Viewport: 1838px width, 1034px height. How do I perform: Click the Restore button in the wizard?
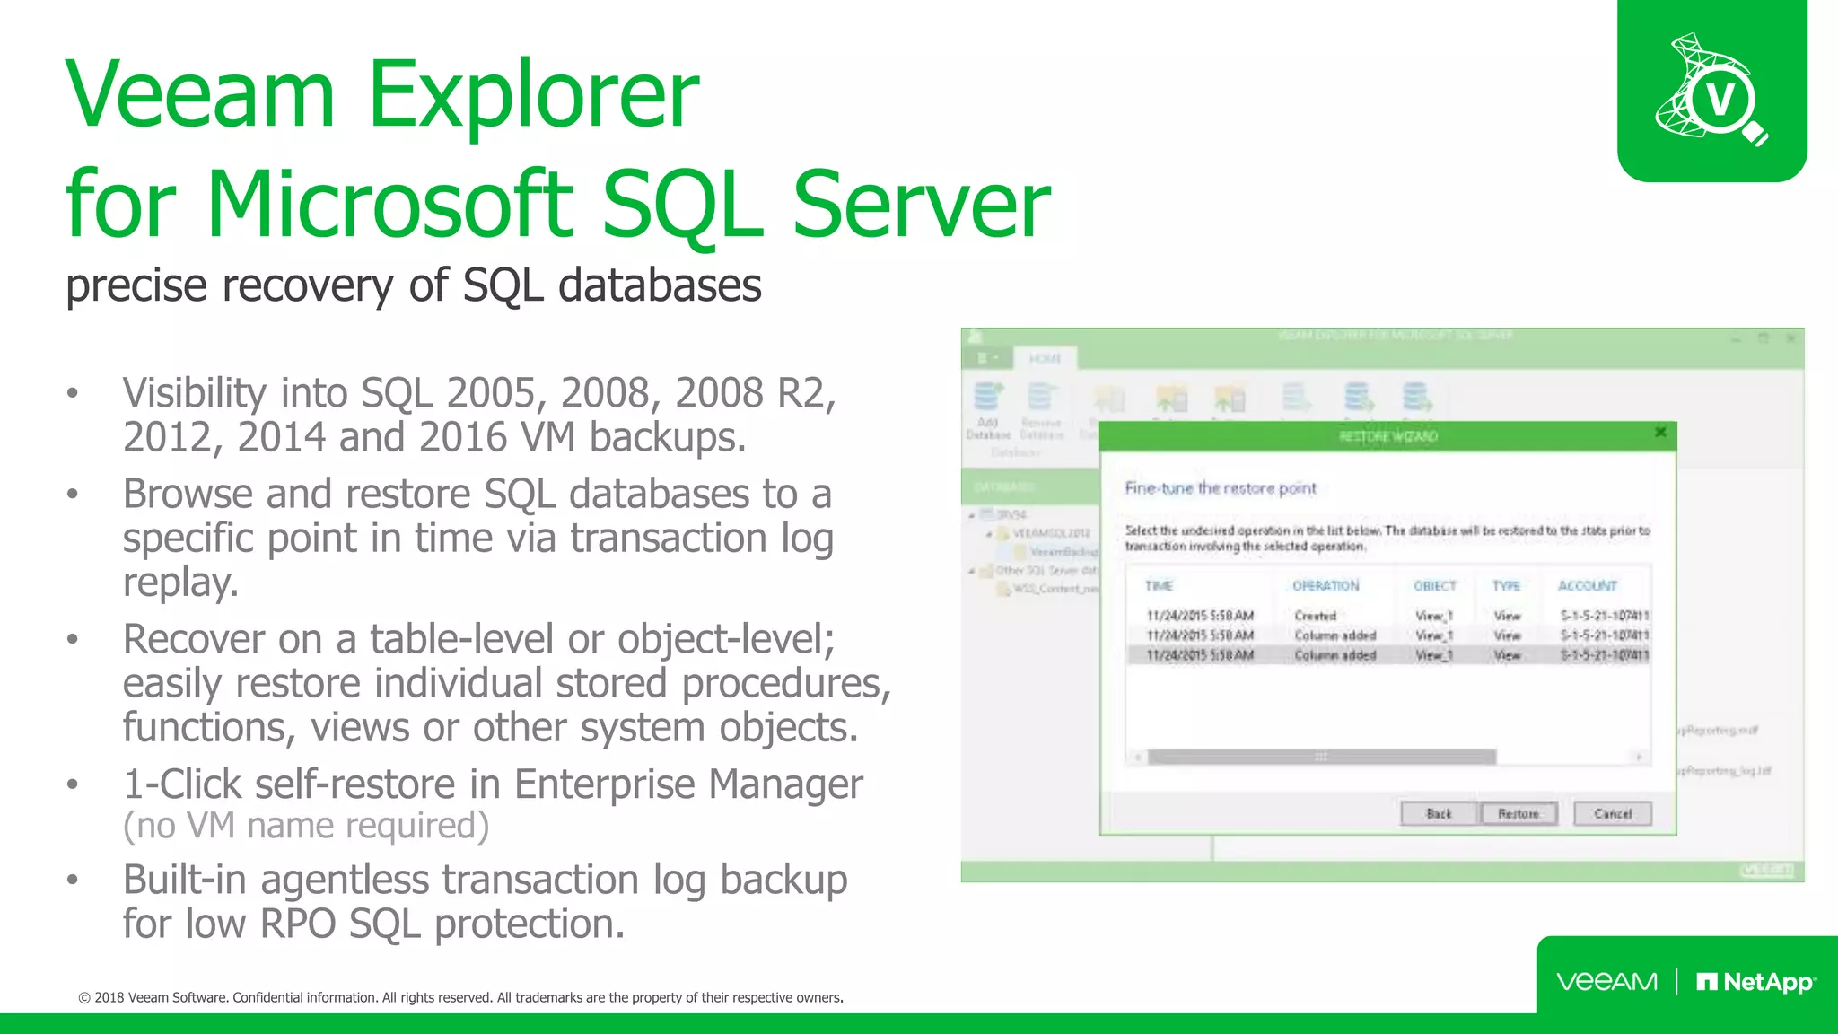pos(1519,813)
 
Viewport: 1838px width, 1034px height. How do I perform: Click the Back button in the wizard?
pos(1438,813)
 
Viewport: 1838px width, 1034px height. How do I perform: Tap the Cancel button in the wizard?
pos(1612,813)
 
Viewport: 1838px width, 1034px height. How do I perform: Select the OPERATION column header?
pos(1326,586)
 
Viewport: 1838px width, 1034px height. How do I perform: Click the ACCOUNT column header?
pos(1587,586)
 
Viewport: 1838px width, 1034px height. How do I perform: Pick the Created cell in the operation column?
pos(1315,616)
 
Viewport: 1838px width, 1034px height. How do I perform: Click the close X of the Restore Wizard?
pos(1660,433)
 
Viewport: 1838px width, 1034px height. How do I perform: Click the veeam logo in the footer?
pos(1606,982)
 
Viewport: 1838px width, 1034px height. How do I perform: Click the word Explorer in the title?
pos(533,95)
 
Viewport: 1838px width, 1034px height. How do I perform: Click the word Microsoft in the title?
pos(389,205)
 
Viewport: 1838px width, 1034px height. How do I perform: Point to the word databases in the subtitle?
pos(660,286)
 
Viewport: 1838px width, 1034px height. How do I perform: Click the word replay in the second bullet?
pos(179,583)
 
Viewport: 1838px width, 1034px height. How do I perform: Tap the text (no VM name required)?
pos(306,826)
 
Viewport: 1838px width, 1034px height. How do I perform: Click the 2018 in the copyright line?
pos(109,998)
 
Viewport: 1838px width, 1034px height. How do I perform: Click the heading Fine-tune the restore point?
pos(1220,488)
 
